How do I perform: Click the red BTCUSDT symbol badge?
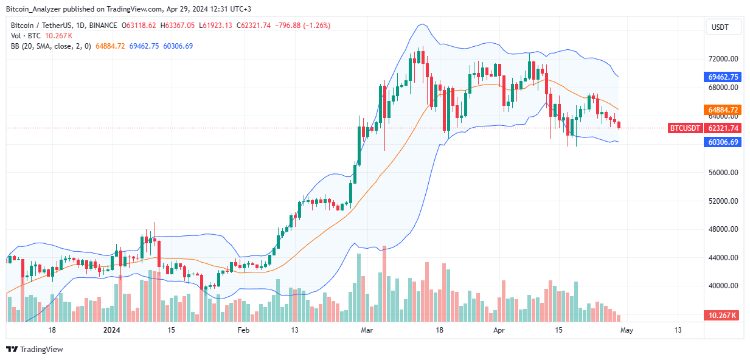[685, 128]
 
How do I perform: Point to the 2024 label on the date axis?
[111, 330]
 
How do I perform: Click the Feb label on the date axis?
[243, 330]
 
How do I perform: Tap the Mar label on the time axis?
[367, 330]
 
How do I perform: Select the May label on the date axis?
[625, 330]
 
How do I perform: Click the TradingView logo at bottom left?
[35, 350]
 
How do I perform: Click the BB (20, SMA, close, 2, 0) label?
[50, 46]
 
